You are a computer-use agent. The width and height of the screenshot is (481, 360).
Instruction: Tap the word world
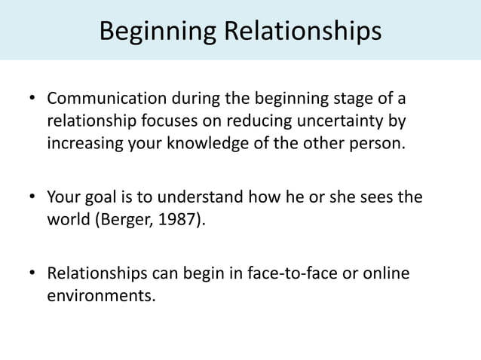point(66,219)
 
